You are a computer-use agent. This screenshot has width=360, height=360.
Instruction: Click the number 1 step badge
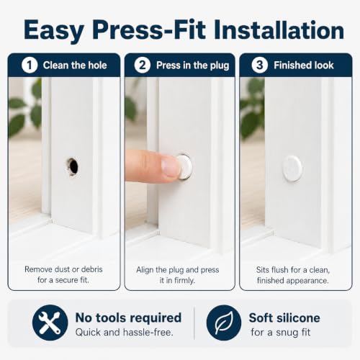point(30,65)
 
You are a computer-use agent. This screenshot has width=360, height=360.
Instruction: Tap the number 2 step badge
point(143,65)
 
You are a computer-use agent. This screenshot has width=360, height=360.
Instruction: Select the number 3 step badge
point(260,65)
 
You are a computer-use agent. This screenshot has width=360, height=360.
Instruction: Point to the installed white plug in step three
point(292,168)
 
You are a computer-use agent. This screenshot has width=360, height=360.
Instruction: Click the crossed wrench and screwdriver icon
point(50,323)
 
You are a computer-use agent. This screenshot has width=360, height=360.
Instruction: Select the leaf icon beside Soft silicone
point(224,323)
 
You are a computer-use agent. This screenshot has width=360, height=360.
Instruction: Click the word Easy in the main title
point(54,31)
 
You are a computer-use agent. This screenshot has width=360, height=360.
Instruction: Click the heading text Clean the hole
point(75,66)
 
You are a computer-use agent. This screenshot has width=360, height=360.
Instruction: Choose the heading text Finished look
point(304,66)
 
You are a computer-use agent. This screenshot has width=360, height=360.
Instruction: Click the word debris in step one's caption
point(92,269)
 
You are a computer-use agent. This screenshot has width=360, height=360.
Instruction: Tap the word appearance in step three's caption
point(308,281)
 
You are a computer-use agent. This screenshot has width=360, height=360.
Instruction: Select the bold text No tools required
point(128,318)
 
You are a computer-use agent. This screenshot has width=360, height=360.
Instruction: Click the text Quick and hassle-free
point(125,333)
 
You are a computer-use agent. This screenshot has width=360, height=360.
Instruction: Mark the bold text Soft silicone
point(284,318)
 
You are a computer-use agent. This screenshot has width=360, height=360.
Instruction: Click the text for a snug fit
point(281,333)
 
